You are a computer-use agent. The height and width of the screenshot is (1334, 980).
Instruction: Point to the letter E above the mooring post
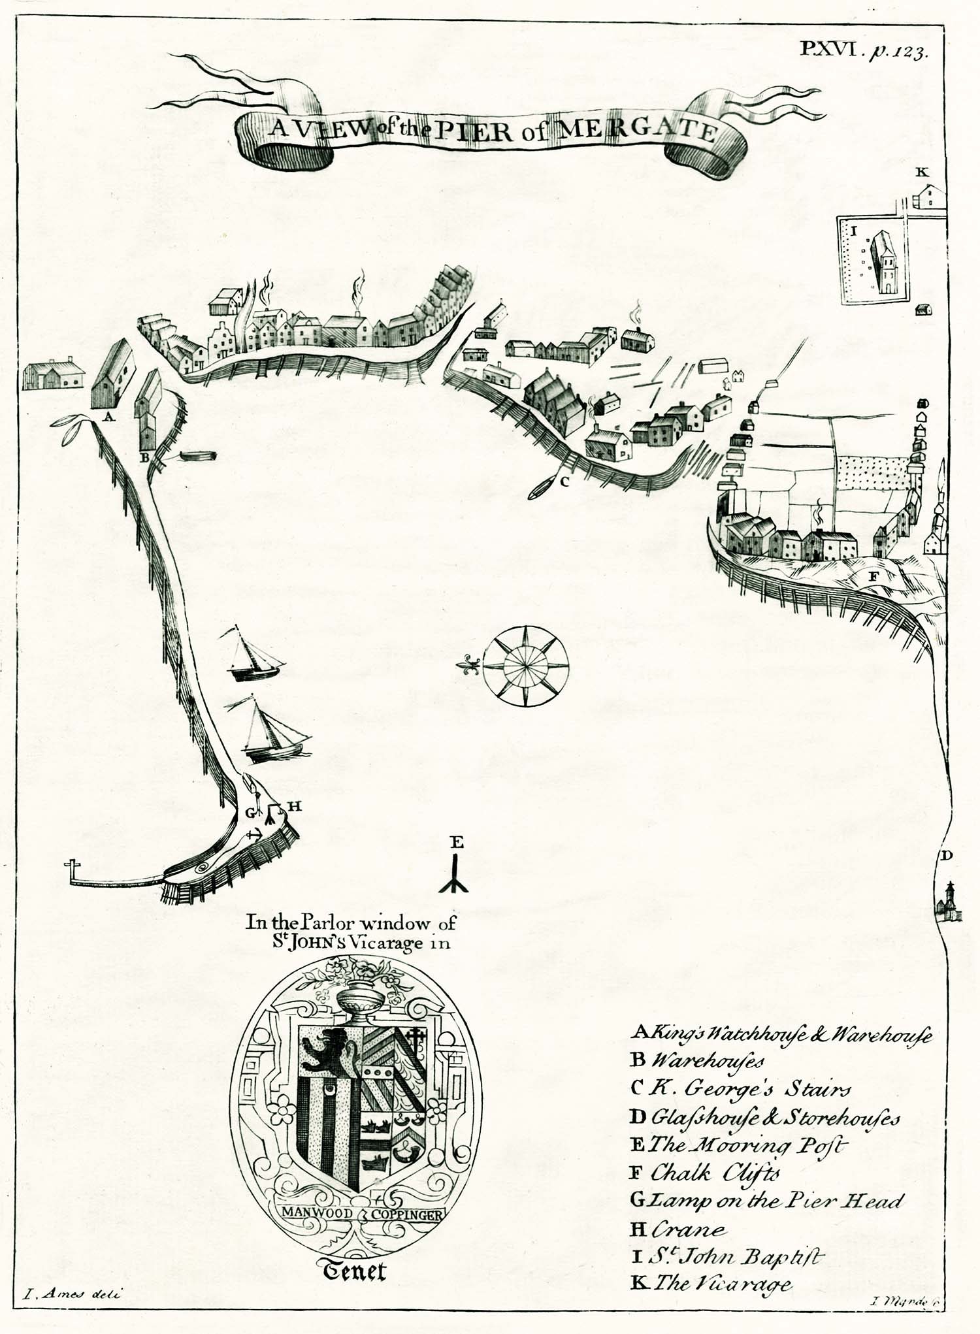tap(457, 842)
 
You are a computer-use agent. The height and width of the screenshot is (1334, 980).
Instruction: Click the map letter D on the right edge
tap(947, 856)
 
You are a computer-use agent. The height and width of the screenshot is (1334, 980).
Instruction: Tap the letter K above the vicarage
tap(922, 172)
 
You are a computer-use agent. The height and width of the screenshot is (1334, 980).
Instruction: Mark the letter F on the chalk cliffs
tap(874, 576)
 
